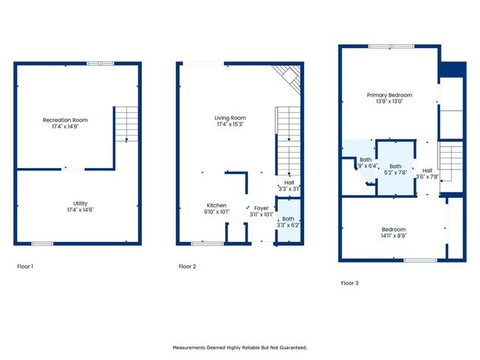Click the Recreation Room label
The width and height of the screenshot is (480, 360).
(x=65, y=120)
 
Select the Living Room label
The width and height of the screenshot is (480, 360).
(x=230, y=118)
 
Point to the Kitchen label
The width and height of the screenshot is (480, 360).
(x=216, y=205)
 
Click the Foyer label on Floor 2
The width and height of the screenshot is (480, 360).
(x=261, y=208)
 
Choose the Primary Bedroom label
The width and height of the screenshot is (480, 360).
(x=389, y=95)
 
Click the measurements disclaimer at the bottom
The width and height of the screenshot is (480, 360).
(x=240, y=347)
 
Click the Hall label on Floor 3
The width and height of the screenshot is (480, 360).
(x=428, y=170)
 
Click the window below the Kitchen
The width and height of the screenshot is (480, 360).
(x=208, y=243)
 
